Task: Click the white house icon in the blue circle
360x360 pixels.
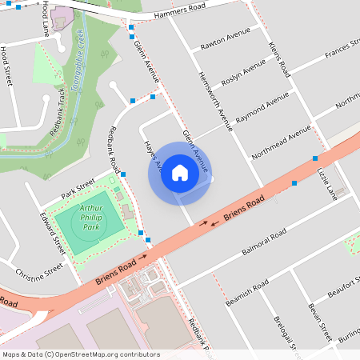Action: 180,173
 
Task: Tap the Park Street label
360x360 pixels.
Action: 78,190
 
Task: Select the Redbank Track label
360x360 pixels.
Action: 58,109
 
